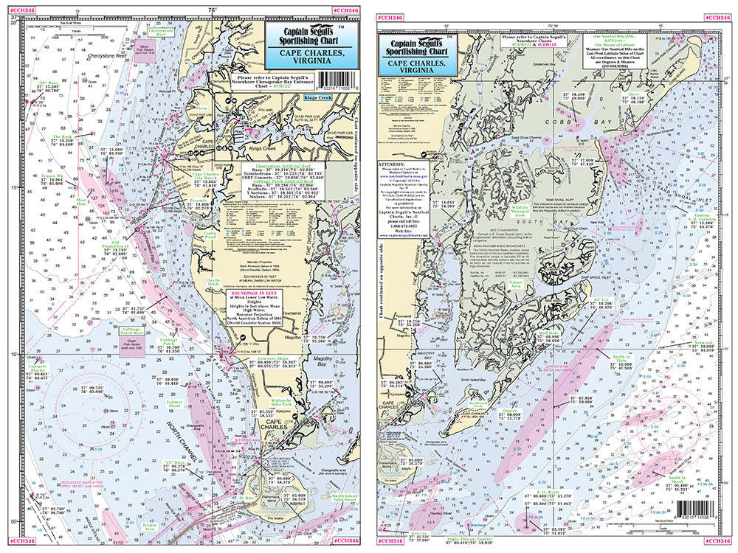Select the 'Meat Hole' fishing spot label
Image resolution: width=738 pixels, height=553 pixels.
pos(82,201)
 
